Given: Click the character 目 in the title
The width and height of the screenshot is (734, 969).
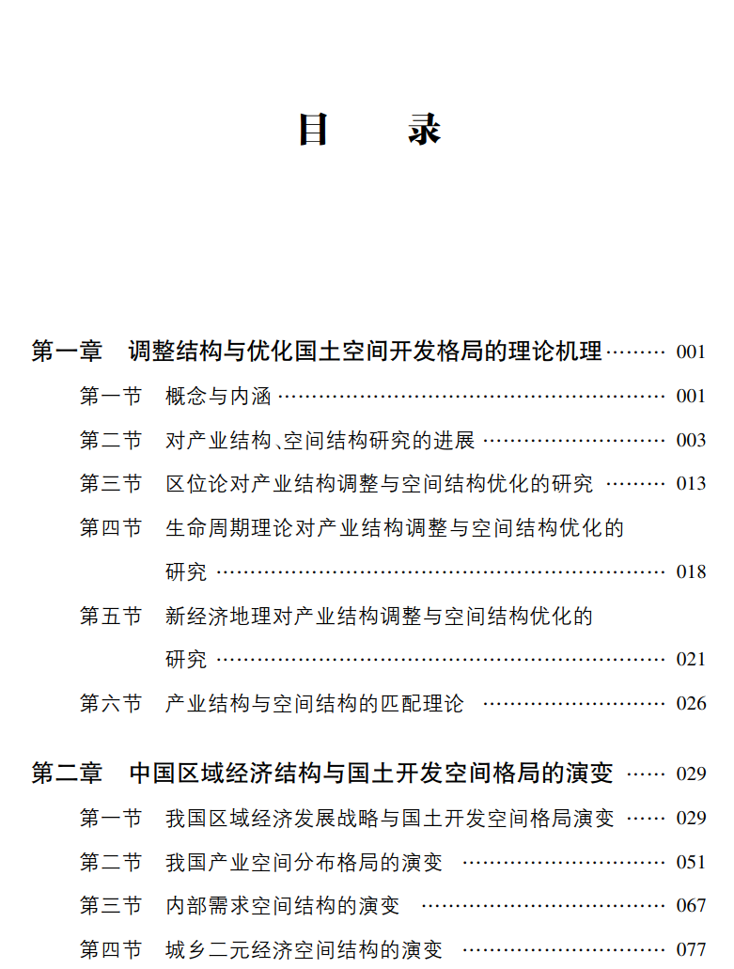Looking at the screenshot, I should [x=313, y=129].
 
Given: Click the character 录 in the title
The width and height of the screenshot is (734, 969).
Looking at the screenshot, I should [x=425, y=129].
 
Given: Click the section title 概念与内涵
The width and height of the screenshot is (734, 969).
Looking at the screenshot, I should [x=218, y=397].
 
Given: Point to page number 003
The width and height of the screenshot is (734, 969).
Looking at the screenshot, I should [x=691, y=441].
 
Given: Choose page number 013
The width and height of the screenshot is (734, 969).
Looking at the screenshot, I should [x=691, y=484].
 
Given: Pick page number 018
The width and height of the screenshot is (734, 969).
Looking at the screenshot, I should [x=691, y=571].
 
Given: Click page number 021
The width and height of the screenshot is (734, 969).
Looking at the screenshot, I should [x=691, y=659].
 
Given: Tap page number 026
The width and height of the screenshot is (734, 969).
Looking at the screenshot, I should [x=691, y=703].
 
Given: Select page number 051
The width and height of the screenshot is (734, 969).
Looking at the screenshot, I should [x=691, y=862].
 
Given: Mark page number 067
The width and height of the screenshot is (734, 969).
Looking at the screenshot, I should [x=691, y=905].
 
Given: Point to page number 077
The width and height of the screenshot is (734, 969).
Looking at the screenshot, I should [x=691, y=949].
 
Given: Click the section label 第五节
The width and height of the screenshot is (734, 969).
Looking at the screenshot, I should [x=110, y=616].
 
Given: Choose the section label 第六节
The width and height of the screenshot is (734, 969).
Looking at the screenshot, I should [x=110, y=703].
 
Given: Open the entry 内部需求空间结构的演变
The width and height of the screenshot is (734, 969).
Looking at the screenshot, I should [x=282, y=905].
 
